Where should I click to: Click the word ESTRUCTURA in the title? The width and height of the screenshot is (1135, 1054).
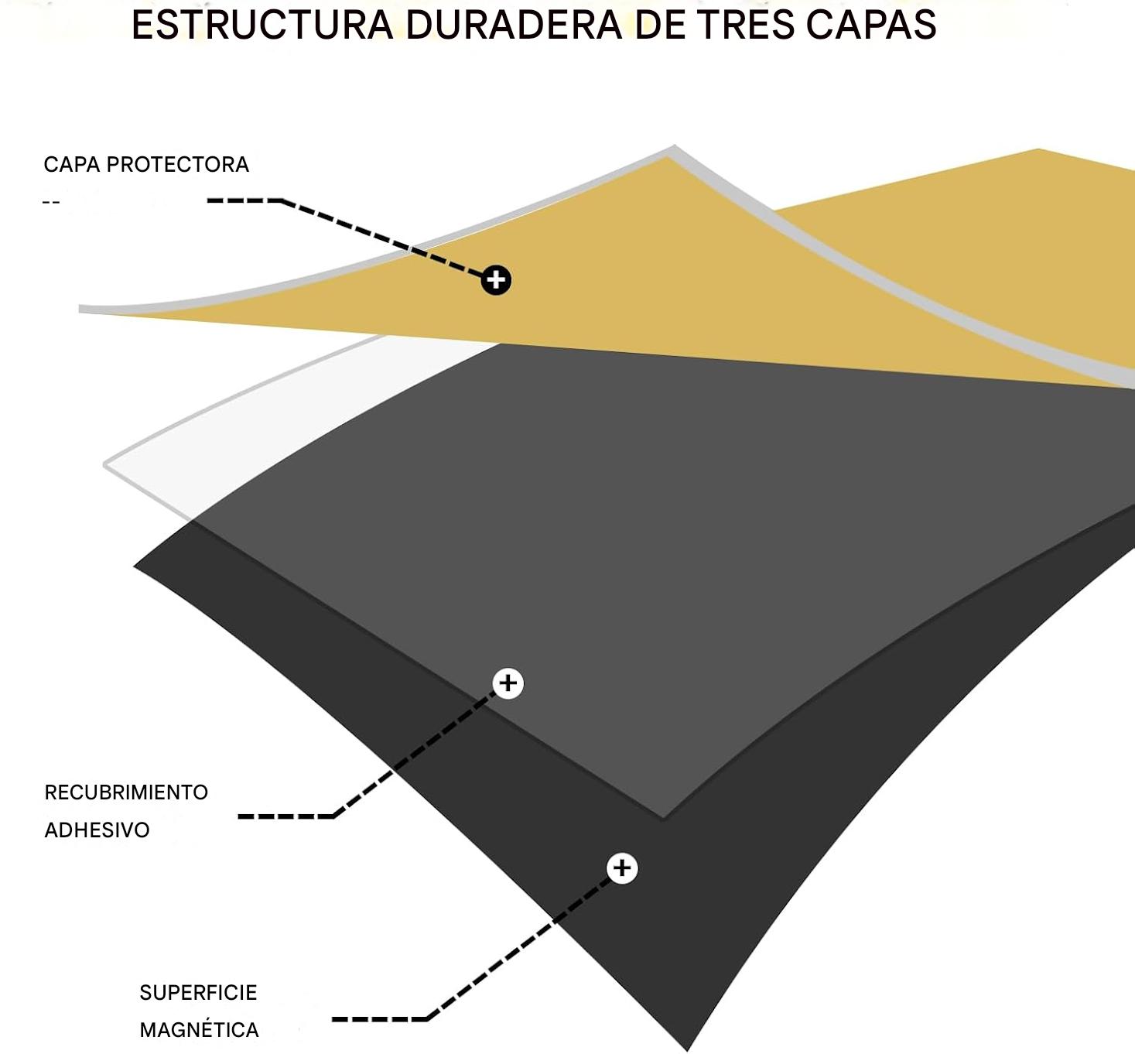[262, 25]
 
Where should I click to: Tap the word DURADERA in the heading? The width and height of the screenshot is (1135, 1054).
[514, 25]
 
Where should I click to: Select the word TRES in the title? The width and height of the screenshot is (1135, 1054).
[745, 25]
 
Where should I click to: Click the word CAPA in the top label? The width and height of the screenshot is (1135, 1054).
[71, 165]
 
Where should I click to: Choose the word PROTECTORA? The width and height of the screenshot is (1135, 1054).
[177, 165]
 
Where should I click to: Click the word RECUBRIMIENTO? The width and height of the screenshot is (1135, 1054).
[126, 792]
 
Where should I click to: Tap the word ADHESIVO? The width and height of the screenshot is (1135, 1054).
[97, 830]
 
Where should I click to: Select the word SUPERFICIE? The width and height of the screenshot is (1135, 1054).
[198, 993]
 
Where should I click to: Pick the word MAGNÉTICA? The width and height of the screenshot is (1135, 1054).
[199, 1030]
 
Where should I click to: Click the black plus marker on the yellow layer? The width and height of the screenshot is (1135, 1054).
[496, 279]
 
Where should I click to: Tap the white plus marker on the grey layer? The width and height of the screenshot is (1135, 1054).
[508, 683]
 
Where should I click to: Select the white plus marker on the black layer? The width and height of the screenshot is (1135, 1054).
[622, 868]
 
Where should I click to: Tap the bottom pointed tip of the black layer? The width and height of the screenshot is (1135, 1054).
[685, 1046]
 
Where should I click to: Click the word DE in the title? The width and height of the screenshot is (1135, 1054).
[658, 25]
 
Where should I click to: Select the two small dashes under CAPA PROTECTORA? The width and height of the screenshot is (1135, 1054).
[51, 203]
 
